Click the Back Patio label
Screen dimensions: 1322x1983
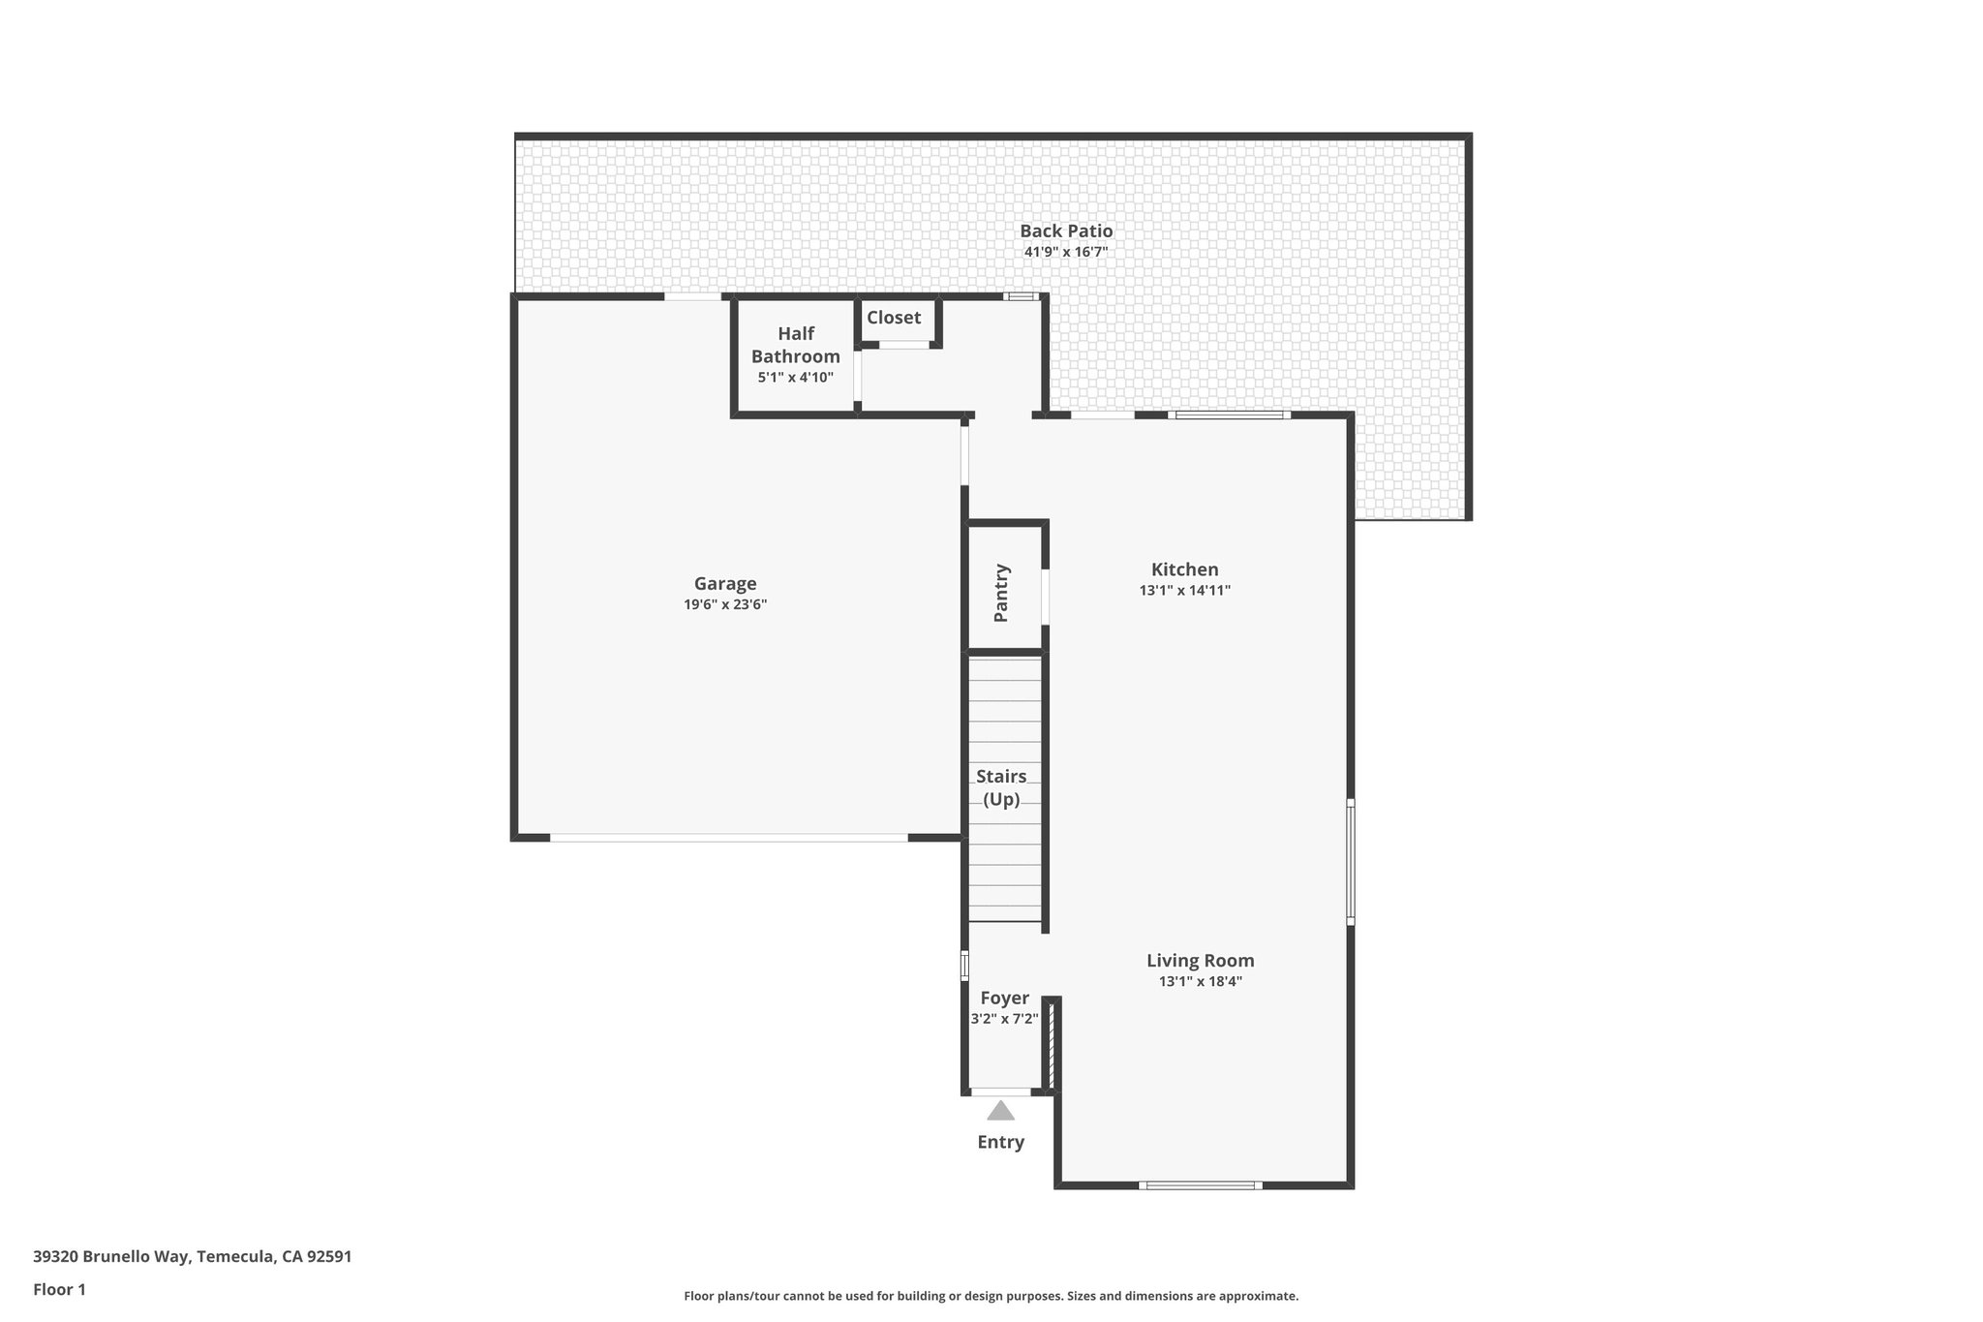1066,231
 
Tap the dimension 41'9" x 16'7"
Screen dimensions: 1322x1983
1066,252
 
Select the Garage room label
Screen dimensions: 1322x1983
725,583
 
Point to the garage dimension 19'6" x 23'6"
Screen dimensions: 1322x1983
725,604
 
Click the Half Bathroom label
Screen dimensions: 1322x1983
796,345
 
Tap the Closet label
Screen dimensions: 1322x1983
894,317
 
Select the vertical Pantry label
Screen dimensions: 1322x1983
1002,593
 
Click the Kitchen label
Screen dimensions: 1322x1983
1184,569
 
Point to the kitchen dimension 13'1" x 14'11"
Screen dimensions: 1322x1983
1184,590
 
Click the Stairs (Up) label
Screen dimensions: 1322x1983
1001,787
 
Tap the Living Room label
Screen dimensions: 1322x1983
1201,961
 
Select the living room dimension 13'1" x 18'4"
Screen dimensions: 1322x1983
1201,981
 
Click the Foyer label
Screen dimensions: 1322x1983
1004,998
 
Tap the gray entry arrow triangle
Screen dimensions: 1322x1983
1000,1112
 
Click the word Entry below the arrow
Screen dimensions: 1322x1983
1000,1142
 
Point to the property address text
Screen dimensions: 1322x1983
192,1257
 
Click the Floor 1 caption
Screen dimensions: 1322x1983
59,1289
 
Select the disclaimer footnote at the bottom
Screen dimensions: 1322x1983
991,1296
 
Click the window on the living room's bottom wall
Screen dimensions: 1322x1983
1200,1185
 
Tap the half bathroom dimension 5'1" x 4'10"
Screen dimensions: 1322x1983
795,377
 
